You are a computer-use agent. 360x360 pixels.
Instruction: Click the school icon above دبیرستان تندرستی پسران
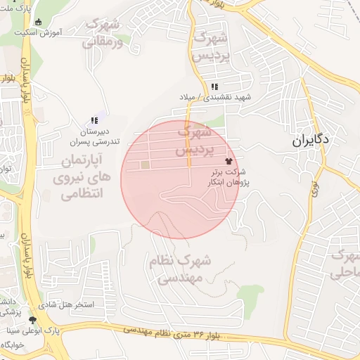(x=94, y=121)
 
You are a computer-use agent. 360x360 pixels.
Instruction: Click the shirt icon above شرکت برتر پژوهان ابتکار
(x=228, y=161)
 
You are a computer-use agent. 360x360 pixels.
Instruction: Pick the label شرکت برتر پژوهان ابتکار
(x=228, y=176)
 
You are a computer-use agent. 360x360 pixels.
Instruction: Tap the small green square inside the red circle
(x=146, y=165)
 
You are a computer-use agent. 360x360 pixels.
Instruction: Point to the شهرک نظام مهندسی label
(x=175, y=269)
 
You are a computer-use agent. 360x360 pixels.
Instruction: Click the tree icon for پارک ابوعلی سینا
(x=32, y=321)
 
